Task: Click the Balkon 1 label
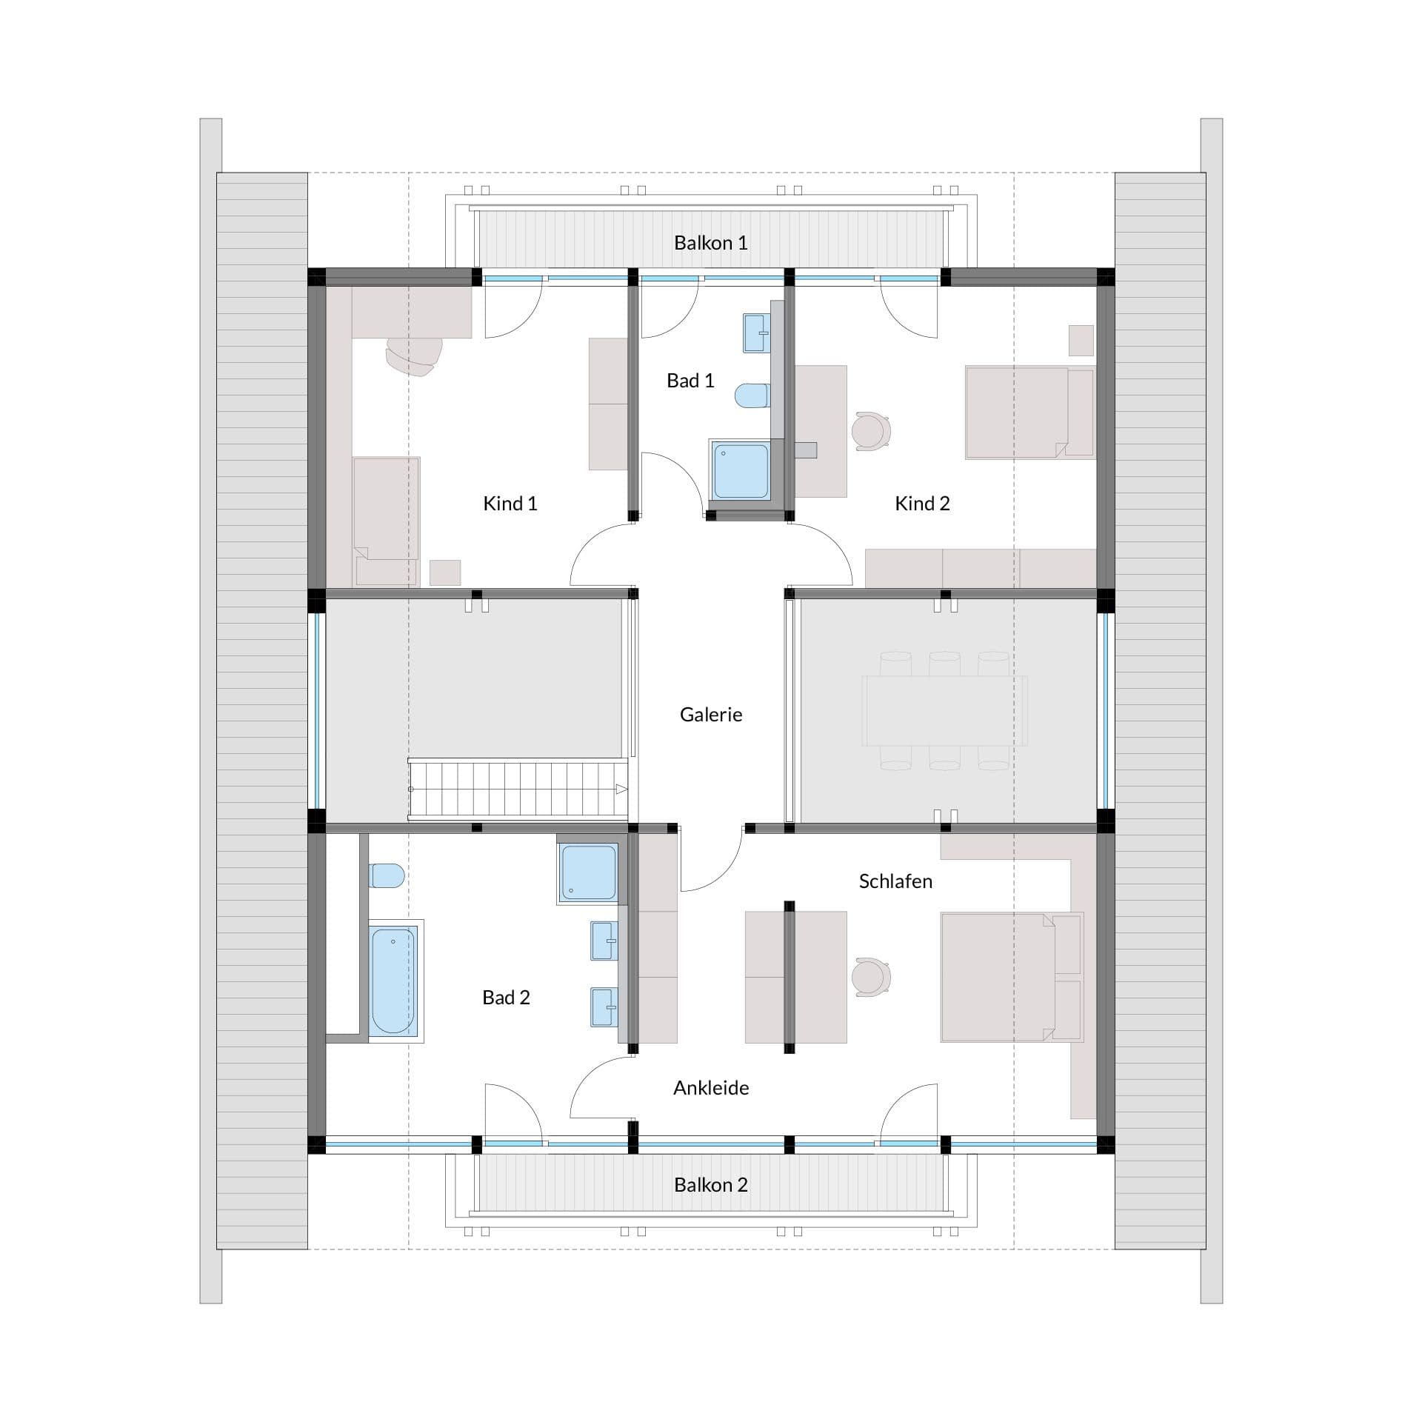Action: (x=710, y=243)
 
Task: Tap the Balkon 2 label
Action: (x=710, y=1185)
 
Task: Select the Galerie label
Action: (x=711, y=715)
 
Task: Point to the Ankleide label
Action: (x=711, y=1088)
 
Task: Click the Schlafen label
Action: (x=895, y=881)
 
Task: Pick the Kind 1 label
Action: (x=510, y=504)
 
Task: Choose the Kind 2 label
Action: (x=922, y=504)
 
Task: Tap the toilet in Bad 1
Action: (x=752, y=395)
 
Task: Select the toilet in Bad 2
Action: (x=387, y=876)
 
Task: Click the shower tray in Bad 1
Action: (x=740, y=471)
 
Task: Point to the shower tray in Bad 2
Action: (x=588, y=874)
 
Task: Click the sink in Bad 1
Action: (x=756, y=333)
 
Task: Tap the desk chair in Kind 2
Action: (x=870, y=431)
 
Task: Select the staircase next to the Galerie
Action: (x=518, y=789)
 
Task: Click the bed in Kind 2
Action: (x=1030, y=413)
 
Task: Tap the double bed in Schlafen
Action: (x=1012, y=978)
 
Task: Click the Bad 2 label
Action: (x=506, y=998)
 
